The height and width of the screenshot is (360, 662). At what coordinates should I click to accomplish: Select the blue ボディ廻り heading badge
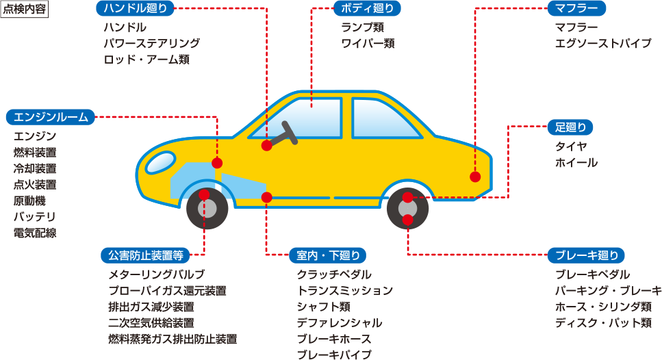367,8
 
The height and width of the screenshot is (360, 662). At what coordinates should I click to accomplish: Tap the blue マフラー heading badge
576,8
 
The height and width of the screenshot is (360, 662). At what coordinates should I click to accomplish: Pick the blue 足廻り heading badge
570,127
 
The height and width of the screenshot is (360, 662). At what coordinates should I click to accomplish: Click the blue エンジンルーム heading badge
51,117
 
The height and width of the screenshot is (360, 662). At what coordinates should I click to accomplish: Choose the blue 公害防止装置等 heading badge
144,255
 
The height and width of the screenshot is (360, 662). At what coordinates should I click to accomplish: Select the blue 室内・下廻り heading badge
327,255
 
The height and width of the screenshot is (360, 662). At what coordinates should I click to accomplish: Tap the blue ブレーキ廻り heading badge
586,255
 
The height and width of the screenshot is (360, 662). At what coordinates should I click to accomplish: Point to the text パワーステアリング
151,43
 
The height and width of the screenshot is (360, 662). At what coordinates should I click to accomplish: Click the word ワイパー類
368,43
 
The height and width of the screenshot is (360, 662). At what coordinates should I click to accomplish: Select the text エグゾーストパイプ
603,43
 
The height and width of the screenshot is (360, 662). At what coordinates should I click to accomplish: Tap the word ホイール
576,163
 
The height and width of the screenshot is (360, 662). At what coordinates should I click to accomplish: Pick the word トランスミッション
344,290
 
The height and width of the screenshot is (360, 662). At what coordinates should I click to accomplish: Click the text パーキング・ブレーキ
608,290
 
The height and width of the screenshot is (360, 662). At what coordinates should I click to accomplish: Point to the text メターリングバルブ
156,274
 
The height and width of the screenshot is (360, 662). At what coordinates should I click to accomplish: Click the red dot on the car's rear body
475,177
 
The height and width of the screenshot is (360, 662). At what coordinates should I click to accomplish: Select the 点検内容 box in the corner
25,11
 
